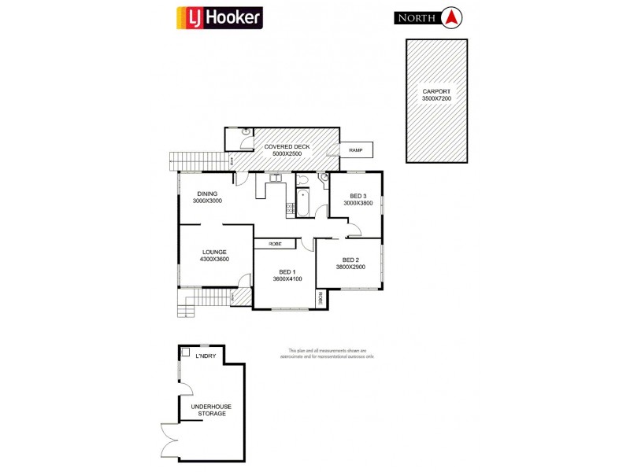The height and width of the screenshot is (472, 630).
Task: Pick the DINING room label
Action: coord(207,194)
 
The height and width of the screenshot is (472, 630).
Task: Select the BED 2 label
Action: coord(350,260)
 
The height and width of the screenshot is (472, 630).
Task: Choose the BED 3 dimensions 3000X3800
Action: coord(358,203)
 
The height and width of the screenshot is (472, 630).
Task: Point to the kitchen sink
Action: coord(275,179)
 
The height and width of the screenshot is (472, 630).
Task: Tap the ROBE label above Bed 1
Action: coord(275,244)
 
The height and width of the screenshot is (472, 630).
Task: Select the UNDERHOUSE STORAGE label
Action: coord(211,410)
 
